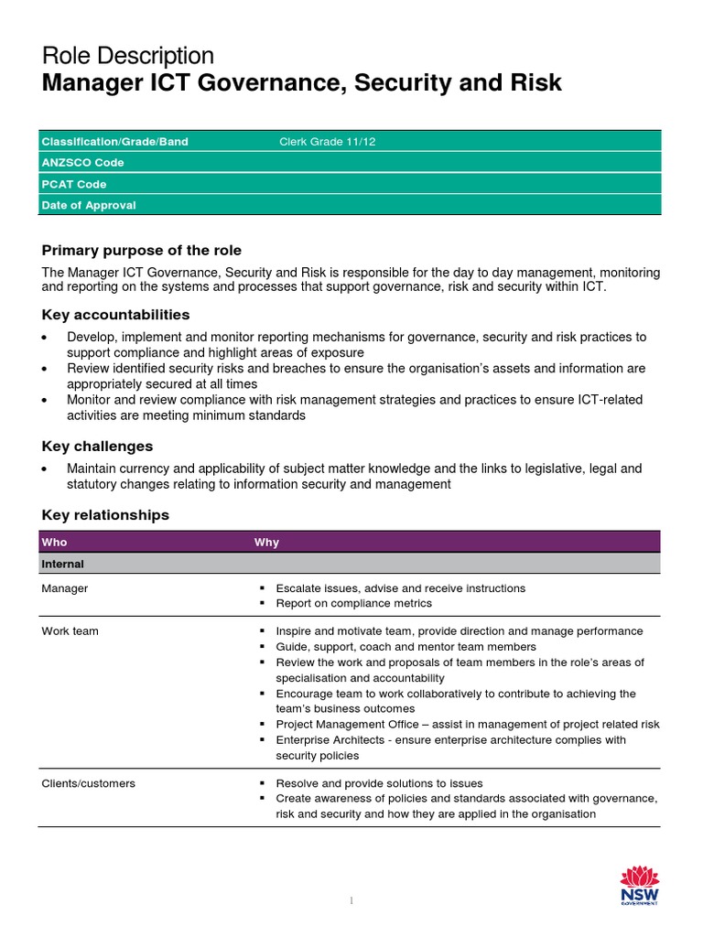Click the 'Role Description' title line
tap(128, 56)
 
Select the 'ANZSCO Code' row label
tap(82, 163)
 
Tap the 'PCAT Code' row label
tap(74, 184)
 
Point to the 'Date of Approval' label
tap(89, 205)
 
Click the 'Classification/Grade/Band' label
tap(115, 142)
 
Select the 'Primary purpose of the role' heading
tap(142, 251)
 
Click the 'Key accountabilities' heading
tap(116, 315)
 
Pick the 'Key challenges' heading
tap(98, 447)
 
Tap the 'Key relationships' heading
tap(106, 515)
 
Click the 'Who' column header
tap(55, 543)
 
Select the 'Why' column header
tap(266, 543)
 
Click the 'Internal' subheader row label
tap(63, 565)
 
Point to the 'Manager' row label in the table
tap(65, 588)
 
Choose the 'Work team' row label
tap(70, 631)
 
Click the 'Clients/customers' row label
tap(89, 783)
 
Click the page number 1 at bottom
tap(351, 901)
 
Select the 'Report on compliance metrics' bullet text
tap(353, 603)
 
